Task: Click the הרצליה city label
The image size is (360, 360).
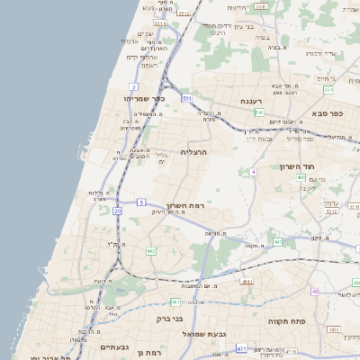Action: [193, 152]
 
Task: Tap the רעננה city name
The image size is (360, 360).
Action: [251, 103]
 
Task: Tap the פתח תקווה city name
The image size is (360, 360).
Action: [289, 320]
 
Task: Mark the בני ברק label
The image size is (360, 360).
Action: [169, 319]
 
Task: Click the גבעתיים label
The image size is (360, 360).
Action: [116, 346]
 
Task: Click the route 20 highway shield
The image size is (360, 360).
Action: [117, 211]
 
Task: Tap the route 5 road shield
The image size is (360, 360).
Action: [141, 202]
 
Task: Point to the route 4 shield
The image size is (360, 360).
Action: [254, 171]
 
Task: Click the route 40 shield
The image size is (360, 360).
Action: [315, 292]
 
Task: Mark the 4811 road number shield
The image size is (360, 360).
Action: [247, 282]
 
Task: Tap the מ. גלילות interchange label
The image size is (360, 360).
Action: [99, 194]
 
